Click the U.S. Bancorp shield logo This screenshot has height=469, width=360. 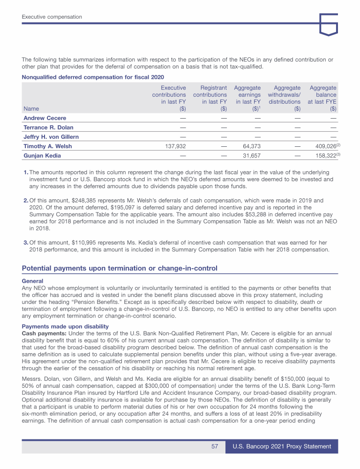pyautogui.click(x=328, y=24)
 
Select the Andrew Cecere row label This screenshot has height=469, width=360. pyautogui.click(x=45, y=118)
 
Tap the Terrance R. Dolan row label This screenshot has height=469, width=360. pyautogui.click(x=48, y=127)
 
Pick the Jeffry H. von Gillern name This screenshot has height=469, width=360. pyautogui.click(x=51, y=137)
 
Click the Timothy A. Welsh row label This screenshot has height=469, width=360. pyautogui.click(x=47, y=146)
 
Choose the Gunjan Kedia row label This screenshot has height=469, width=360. pyautogui.click(x=42, y=155)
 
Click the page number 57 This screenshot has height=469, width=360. pyautogui.click(x=215, y=447)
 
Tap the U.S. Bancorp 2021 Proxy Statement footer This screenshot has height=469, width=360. pyautogui.click(x=282, y=447)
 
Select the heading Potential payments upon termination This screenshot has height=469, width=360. pyautogui.click(x=120, y=268)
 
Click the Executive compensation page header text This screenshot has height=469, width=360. pyautogui.click(x=52, y=17)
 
